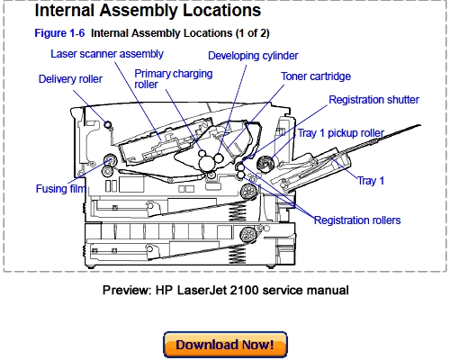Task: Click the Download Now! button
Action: tap(225, 345)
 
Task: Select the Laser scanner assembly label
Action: tap(106, 54)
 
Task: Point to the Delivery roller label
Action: tap(71, 79)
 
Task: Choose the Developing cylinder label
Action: tap(255, 55)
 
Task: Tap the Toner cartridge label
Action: tap(316, 76)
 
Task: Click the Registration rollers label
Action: tap(357, 220)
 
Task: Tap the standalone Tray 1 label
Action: tap(371, 181)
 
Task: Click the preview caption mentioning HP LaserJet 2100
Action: tap(225, 290)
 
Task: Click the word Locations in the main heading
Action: tap(215, 12)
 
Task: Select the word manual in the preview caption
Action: tap(325, 290)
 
